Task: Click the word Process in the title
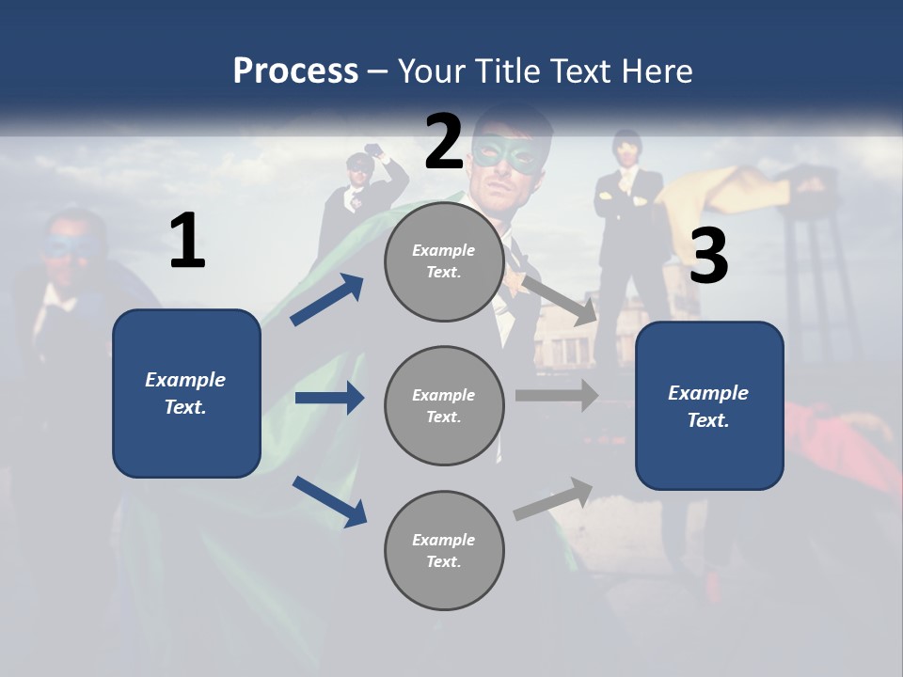(x=295, y=71)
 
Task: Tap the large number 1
(x=187, y=242)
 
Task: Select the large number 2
(x=444, y=141)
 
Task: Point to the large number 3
(x=708, y=257)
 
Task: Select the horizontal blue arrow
(x=329, y=398)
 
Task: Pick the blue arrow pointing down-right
(x=330, y=501)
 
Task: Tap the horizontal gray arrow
(x=557, y=395)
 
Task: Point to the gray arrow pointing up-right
(x=554, y=498)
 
